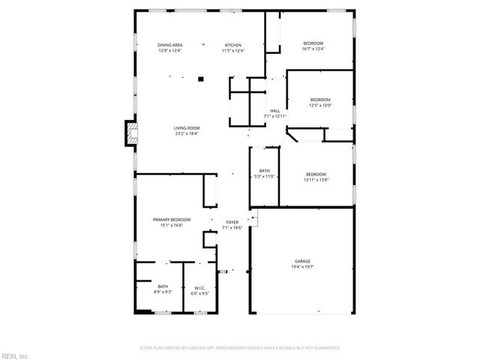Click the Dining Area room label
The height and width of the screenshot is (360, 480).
click(x=170, y=46)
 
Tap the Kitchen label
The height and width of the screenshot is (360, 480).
click(x=233, y=46)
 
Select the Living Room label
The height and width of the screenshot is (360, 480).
click(x=187, y=129)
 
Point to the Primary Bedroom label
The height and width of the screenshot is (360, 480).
click(x=172, y=220)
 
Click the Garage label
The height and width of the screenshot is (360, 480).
click(x=302, y=261)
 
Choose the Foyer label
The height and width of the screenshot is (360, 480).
click(x=232, y=222)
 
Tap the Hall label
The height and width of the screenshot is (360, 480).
click(x=275, y=111)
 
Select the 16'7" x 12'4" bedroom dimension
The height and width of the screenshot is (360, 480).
click(x=313, y=49)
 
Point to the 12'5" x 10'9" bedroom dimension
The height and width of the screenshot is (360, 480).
click(x=320, y=105)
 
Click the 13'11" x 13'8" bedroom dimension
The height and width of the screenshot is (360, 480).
click(x=316, y=180)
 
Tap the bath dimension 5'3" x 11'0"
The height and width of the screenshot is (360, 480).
click(x=265, y=176)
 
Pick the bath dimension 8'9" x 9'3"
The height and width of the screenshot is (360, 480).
click(x=163, y=292)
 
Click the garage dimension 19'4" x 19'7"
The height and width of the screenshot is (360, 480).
click(x=302, y=266)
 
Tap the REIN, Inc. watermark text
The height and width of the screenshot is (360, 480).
click(x=15, y=355)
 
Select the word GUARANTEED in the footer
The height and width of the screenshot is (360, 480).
click(x=327, y=348)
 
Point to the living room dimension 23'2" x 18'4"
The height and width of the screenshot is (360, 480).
click(x=187, y=134)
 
